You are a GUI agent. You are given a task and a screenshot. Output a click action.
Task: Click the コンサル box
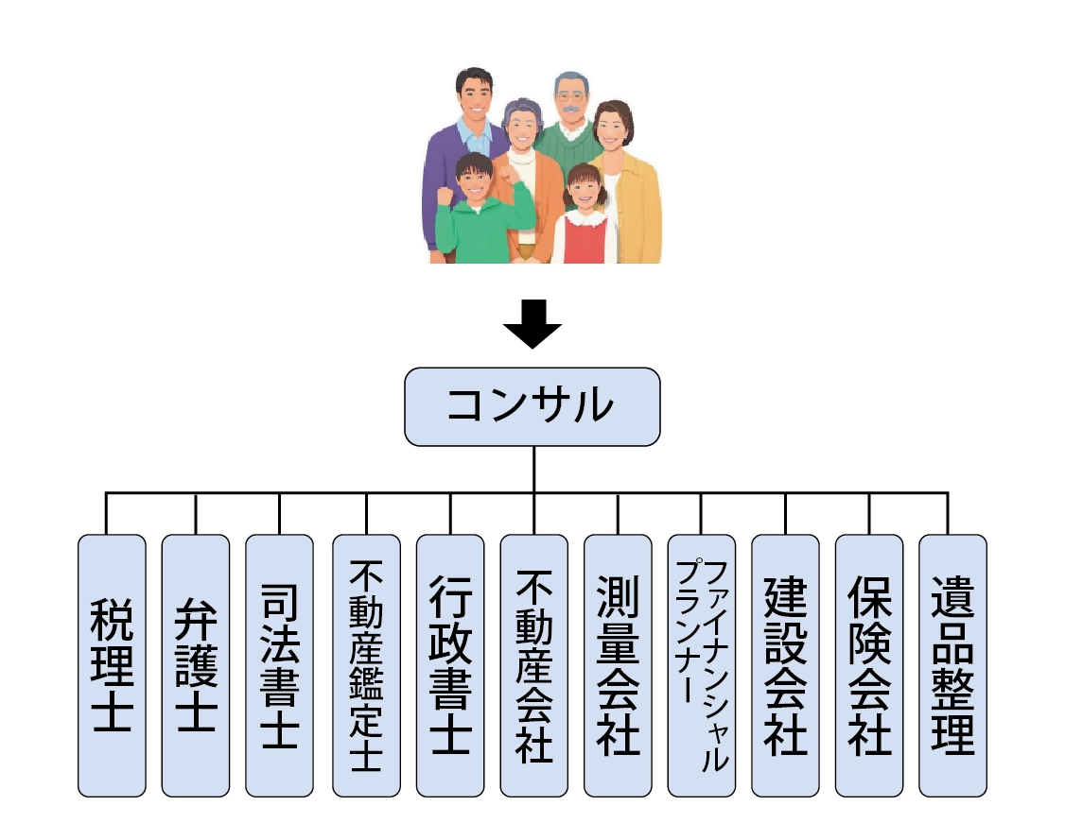(532, 406)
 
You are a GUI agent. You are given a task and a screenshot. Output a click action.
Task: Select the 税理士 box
(112, 665)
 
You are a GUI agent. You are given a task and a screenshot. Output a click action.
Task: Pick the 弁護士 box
(195, 665)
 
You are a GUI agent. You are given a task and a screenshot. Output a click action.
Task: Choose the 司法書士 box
(279, 665)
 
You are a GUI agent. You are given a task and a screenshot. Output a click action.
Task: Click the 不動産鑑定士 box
(366, 665)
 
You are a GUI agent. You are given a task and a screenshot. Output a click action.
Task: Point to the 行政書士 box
(449, 665)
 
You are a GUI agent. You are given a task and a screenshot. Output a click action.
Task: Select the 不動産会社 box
(533, 665)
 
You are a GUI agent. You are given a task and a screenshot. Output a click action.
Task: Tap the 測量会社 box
(618, 665)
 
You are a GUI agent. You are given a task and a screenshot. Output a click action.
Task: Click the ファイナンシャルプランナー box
(702, 665)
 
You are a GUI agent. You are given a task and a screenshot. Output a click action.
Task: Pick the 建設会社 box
(785, 665)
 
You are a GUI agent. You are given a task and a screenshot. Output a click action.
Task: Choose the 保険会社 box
(869, 665)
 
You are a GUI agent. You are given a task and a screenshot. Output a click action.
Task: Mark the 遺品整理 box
(952, 665)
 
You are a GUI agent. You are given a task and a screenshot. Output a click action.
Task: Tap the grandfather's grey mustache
(571, 111)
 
